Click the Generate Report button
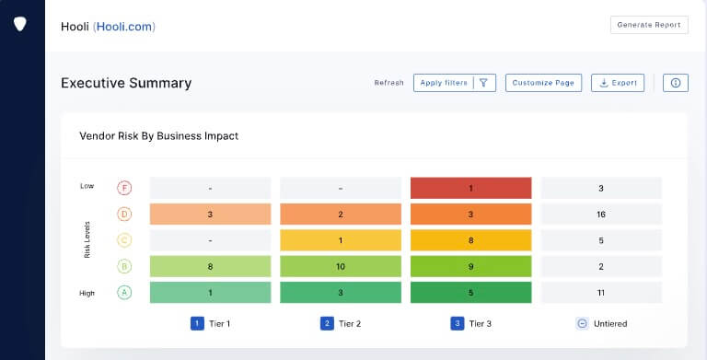649,25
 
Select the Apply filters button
455,83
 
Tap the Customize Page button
543,83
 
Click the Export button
618,83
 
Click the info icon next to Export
676,83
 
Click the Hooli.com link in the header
126,27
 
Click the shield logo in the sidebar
21,25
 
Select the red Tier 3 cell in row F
470,188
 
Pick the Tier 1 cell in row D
210,215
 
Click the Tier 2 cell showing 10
340,267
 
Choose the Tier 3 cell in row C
470,241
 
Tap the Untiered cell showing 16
600,215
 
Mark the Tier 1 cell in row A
210,293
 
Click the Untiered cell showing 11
600,293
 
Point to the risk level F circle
124,188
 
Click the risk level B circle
124,267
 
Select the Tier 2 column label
340,323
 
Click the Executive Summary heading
126,83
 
